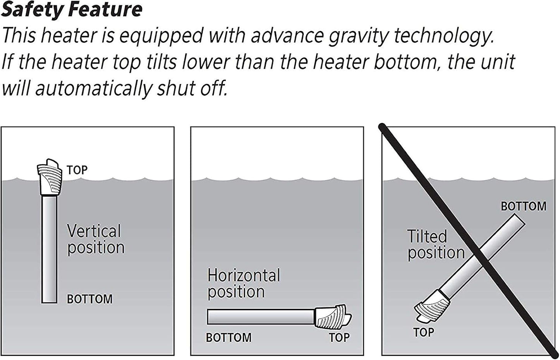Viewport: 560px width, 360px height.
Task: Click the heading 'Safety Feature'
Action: click(x=72, y=10)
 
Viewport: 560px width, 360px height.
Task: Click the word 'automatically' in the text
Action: click(x=93, y=89)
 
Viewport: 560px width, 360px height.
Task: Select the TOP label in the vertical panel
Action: click(x=77, y=170)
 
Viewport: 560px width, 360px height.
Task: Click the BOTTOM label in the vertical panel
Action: click(x=90, y=299)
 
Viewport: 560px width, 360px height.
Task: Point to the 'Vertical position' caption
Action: click(x=96, y=239)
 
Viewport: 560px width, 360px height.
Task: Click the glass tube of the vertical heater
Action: click(x=49, y=250)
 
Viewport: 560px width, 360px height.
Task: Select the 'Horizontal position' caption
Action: click(x=244, y=284)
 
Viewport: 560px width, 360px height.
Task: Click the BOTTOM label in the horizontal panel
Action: click(x=229, y=338)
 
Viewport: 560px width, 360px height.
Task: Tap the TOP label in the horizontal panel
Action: click(x=339, y=338)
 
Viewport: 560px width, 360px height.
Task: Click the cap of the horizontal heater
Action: click(x=333, y=317)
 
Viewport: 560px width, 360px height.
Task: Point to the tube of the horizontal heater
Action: click(x=260, y=317)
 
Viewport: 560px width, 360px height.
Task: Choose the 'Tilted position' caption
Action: click(x=436, y=245)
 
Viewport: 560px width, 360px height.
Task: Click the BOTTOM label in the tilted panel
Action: click(x=524, y=207)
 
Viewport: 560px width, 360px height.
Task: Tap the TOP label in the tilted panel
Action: click(x=424, y=332)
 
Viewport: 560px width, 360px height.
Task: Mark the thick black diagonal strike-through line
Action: click(x=467, y=241)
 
